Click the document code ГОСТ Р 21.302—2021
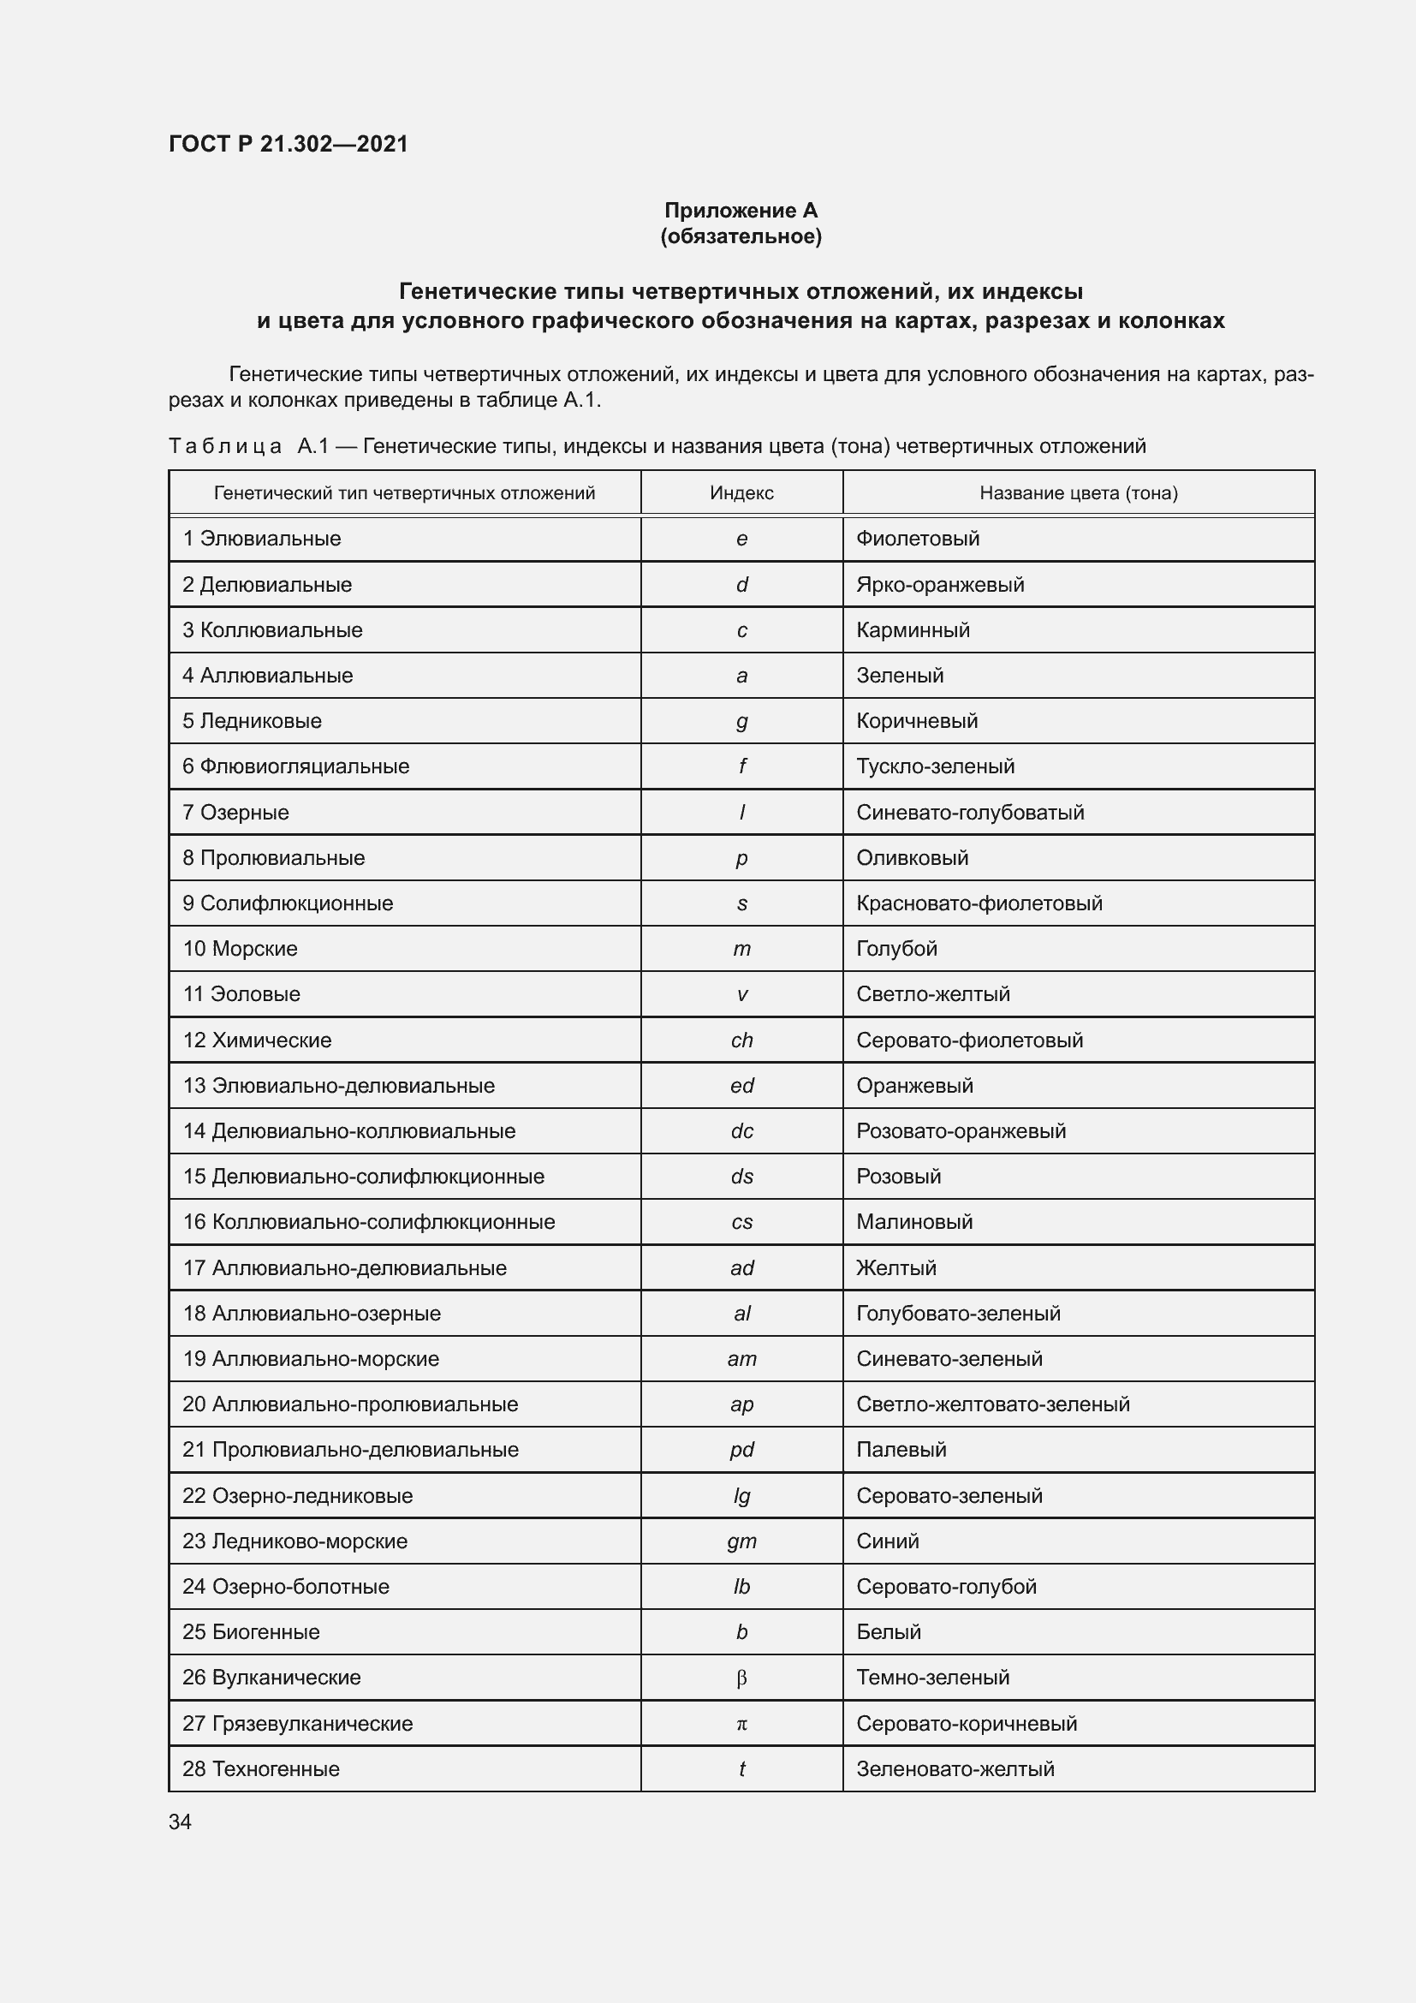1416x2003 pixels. [288, 144]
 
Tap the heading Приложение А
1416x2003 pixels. [741, 211]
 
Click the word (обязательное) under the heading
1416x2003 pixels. [741, 236]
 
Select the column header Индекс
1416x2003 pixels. [741, 493]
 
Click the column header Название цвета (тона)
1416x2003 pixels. [1078, 493]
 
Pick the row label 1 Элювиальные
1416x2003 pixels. [262, 539]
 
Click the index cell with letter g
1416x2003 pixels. [741, 720]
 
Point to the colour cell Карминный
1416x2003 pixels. [912, 630]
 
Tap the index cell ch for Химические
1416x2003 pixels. [741, 1040]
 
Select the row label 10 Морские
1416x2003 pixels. [240, 948]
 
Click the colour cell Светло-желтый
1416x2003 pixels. [932, 993]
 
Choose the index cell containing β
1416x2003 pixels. [741, 1678]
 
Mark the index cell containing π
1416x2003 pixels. [741, 1723]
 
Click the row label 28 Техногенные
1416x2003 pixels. [261, 1768]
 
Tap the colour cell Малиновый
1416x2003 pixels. [913, 1221]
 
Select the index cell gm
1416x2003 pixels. [741, 1541]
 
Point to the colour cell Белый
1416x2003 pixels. [888, 1631]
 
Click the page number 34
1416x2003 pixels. [180, 1821]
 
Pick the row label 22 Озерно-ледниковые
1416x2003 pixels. [297, 1495]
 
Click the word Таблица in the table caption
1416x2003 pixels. [224, 447]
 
